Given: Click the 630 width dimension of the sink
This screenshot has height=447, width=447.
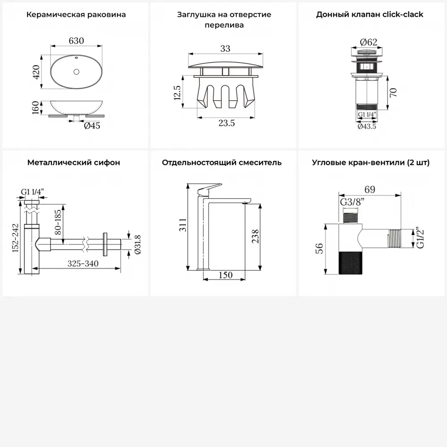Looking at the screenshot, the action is pyautogui.click(x=76, y=41).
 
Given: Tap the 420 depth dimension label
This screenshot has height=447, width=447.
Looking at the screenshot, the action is pyautogui.click(x=36, y=72).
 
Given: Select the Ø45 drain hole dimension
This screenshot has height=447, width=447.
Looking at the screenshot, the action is pyautogui.click(x=92, y=126).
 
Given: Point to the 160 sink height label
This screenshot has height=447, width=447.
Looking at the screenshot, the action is pyautogui.click(x=35, y=107).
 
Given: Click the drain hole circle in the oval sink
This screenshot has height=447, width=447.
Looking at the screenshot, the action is pyautogui.click(x=76, y=72).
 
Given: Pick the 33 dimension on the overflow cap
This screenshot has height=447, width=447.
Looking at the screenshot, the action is pyautogui.click(x=225, y=48).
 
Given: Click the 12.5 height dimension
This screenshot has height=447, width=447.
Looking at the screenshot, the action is pyautogui.click(x=177, y=93).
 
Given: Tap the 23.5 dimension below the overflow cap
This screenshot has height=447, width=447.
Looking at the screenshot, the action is pyautogui.click(x=227, y=123).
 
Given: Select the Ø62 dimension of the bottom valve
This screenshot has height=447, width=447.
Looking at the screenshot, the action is pyautogui.click(x=368, y=42).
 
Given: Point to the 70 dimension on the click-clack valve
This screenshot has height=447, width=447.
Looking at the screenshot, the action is pyautogui.click(x=393, y=93).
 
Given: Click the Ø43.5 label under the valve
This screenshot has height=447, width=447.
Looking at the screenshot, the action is pyautogui.click(x=367, y=127).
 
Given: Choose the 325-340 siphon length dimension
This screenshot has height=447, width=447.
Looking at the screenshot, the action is pyautogui.click(x=83, y=263).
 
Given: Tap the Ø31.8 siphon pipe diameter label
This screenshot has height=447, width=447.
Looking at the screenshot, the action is pyautogui.click(x=137, y=245).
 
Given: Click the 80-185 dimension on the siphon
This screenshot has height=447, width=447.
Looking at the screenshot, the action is pyautogui.click(x=58, y=222).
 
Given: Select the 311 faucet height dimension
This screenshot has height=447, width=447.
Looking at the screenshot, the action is pyautogui.click(x=183, y=225).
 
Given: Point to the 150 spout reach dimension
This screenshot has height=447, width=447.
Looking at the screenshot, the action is pyautogui.click(x=225, y=275).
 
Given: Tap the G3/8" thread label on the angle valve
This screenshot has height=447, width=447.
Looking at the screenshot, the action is pyautogui.click(x=352, y=202).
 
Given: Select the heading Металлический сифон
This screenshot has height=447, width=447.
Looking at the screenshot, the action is pyautogui.click(x=74, y=163).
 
